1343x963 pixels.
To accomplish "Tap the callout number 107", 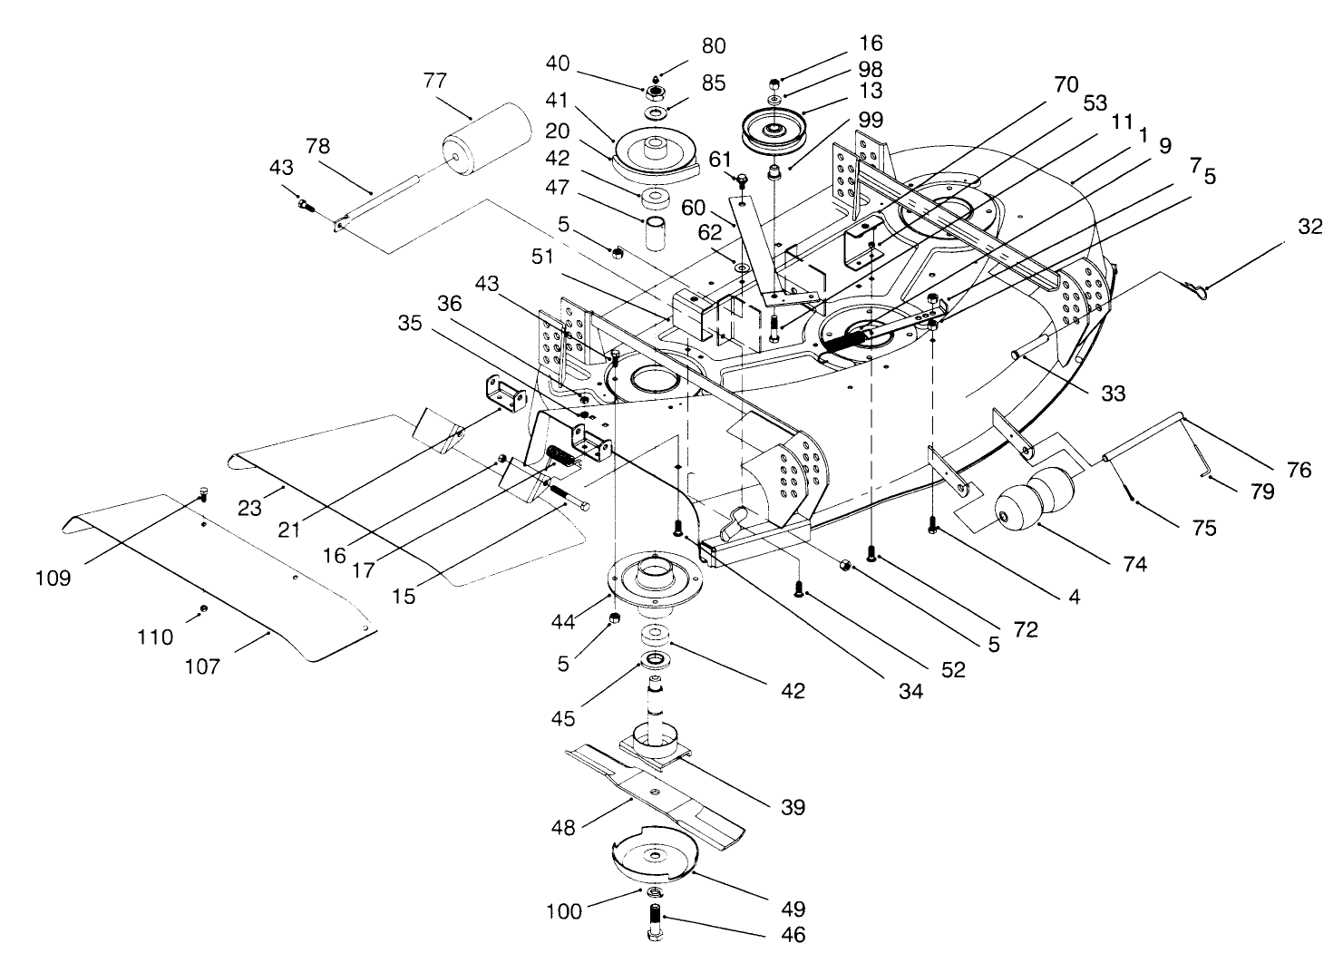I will click(201, 666).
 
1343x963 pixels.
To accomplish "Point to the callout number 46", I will click(793, 933).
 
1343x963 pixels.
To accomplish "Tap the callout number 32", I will click(1309, 227).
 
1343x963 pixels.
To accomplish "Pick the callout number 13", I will click(871, 91).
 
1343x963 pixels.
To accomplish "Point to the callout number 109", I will click(54, 578).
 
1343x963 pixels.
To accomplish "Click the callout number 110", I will click(155, 637).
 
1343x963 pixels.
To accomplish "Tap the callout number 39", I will click(793, 807).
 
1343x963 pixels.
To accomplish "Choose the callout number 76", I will click(1299, 469).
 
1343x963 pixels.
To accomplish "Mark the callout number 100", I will click(564, 911).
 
